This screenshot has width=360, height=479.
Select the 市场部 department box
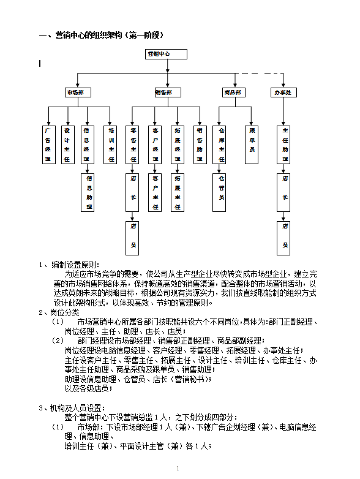coord(78,92)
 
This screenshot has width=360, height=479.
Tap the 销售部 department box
coord(167,92)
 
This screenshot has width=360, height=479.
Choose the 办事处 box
coord(284,92)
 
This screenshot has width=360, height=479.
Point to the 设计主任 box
coord(67,145)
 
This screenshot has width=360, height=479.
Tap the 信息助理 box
coord(89,193)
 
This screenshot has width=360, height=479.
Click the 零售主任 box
coord(133,145)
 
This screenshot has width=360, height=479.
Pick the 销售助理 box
coord(200,145)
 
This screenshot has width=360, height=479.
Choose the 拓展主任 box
coord(178,193)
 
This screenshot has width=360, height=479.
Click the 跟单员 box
coord(252,145)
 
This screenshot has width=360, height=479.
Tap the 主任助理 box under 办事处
coord(284,145)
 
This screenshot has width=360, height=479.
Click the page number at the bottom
coord(178,469)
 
